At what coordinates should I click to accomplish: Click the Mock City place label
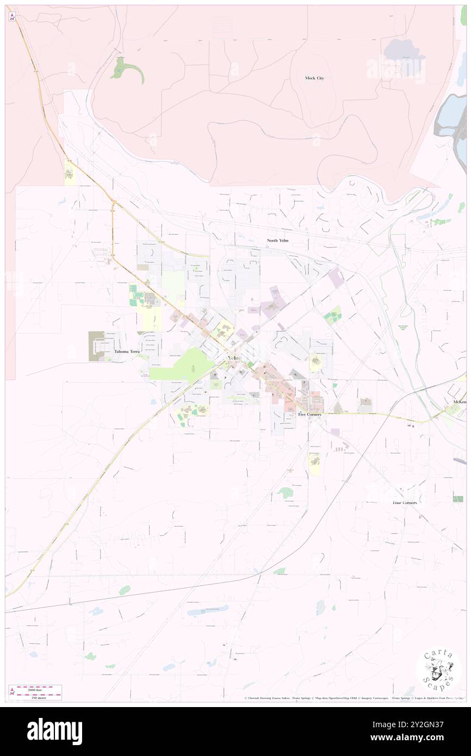click(314, 78)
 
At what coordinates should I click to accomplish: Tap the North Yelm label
click(277, 240)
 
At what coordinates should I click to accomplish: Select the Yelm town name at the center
click(233, 358)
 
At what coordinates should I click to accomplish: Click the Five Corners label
click(309, 414)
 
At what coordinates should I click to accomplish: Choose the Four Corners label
click(405, 503)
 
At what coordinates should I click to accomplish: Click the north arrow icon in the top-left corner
click(12, 16)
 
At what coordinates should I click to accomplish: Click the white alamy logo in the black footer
click(54, 731)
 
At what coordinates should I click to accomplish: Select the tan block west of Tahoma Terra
click(96, 346)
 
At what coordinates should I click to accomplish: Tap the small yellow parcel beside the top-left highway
click(70, 173)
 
